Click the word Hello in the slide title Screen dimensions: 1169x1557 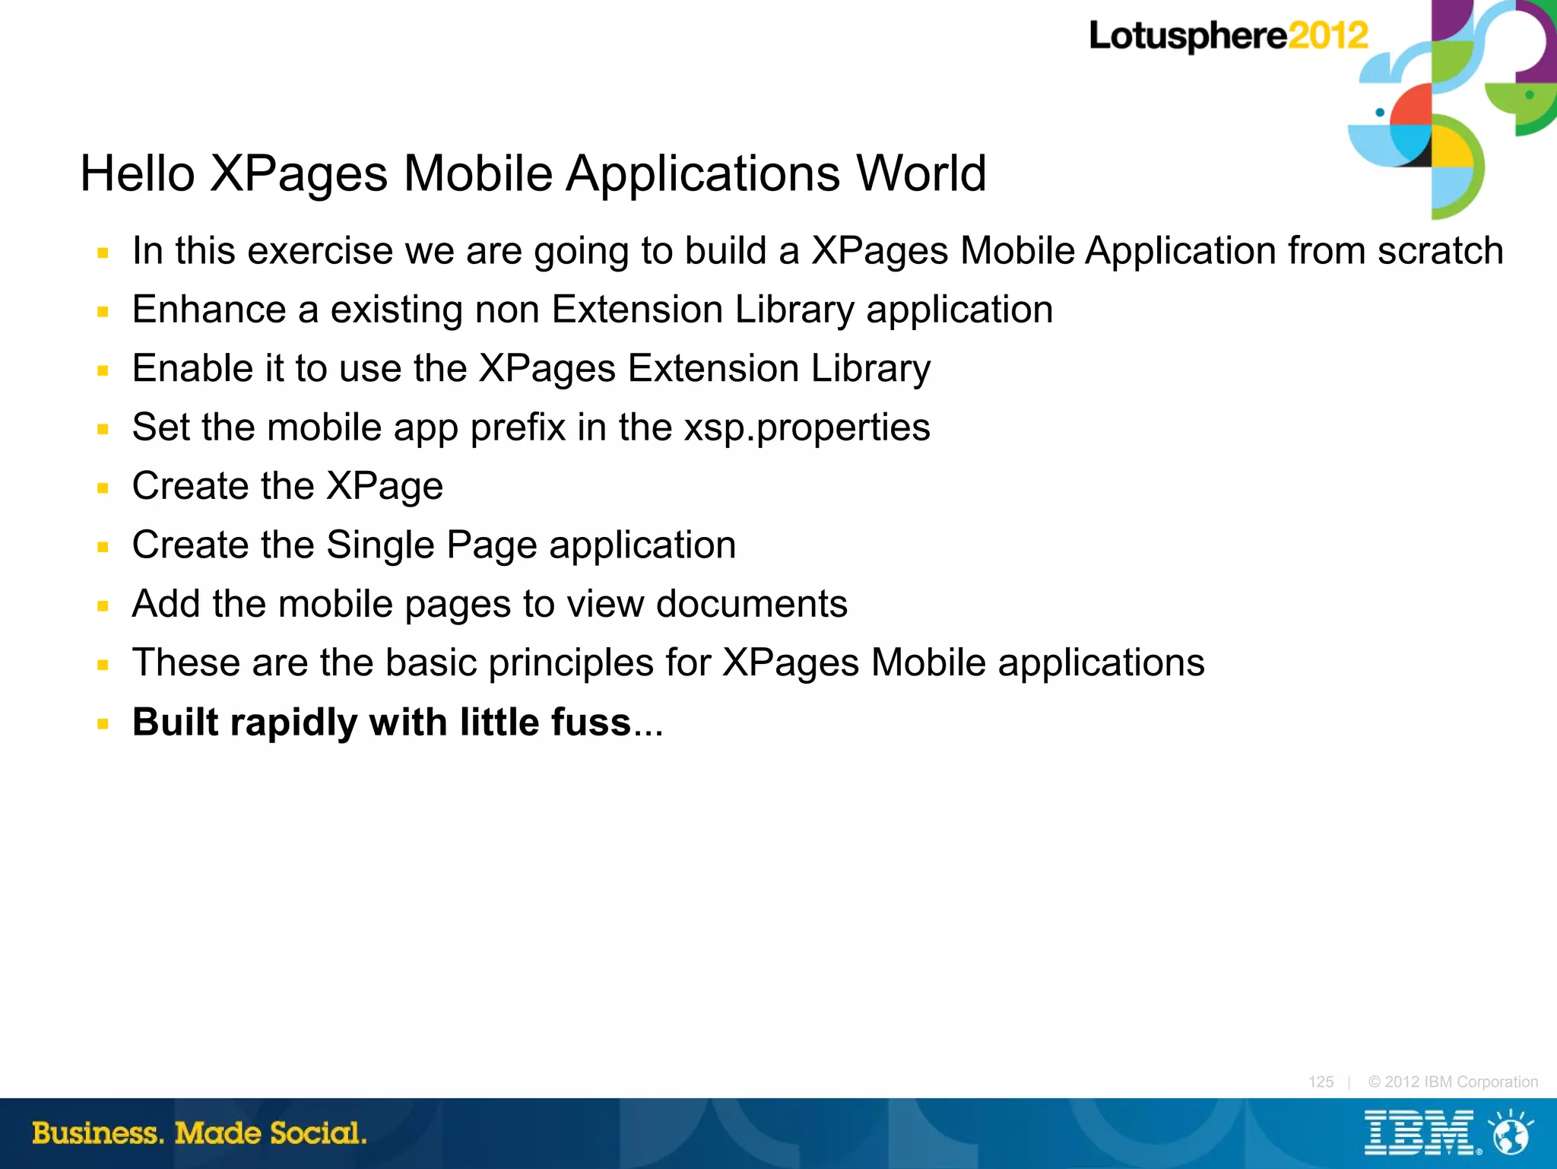tap(138, 173)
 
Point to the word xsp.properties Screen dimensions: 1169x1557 tap(807, 427)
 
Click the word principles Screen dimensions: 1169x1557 tap(570, 663)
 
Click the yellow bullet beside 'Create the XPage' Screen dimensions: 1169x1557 tap(103, 488)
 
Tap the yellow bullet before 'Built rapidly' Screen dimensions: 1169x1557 tap(103, 724)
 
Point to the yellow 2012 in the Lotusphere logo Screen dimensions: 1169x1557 tap(1327, 36)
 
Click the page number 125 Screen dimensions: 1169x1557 tap(1321, 1082)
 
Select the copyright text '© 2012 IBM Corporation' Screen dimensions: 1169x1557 tap(1453, 1082)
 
